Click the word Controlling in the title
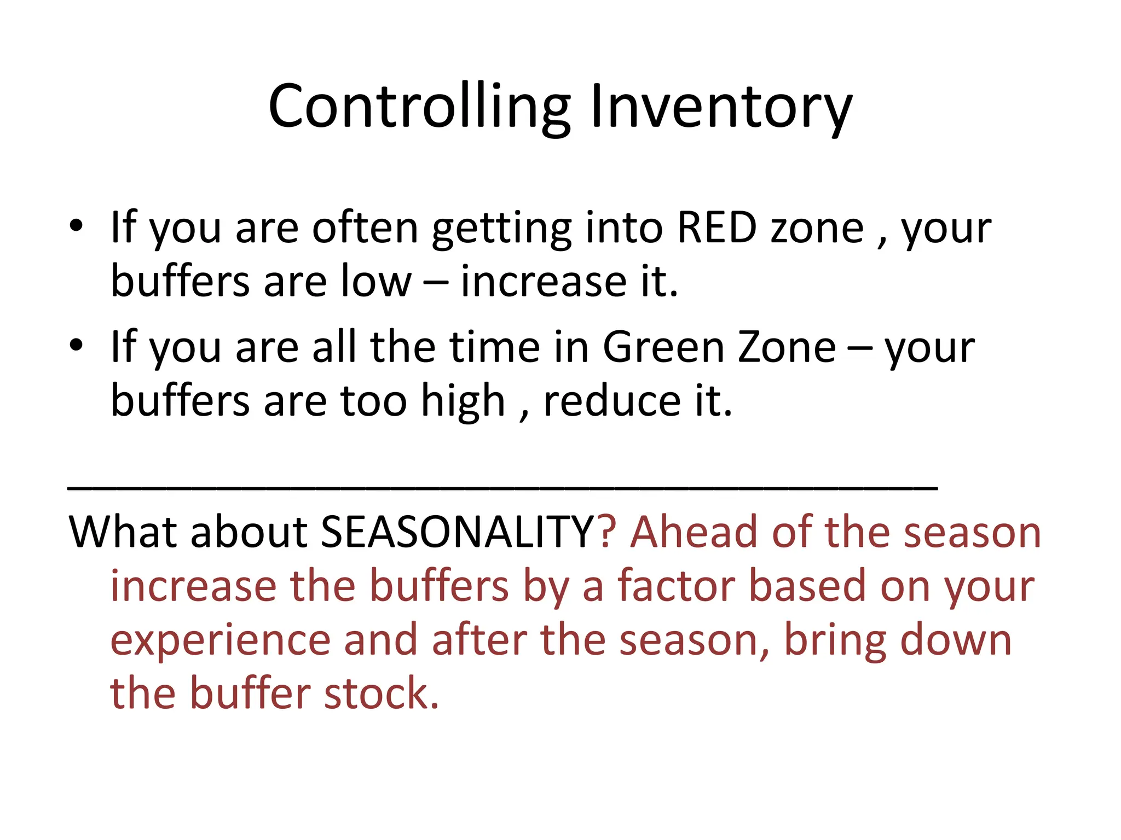point(419,107)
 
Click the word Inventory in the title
point(721,107)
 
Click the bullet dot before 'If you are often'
point(76,226)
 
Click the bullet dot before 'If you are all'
point(76,345)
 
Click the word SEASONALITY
point(458,532)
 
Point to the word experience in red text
point(220,641)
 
